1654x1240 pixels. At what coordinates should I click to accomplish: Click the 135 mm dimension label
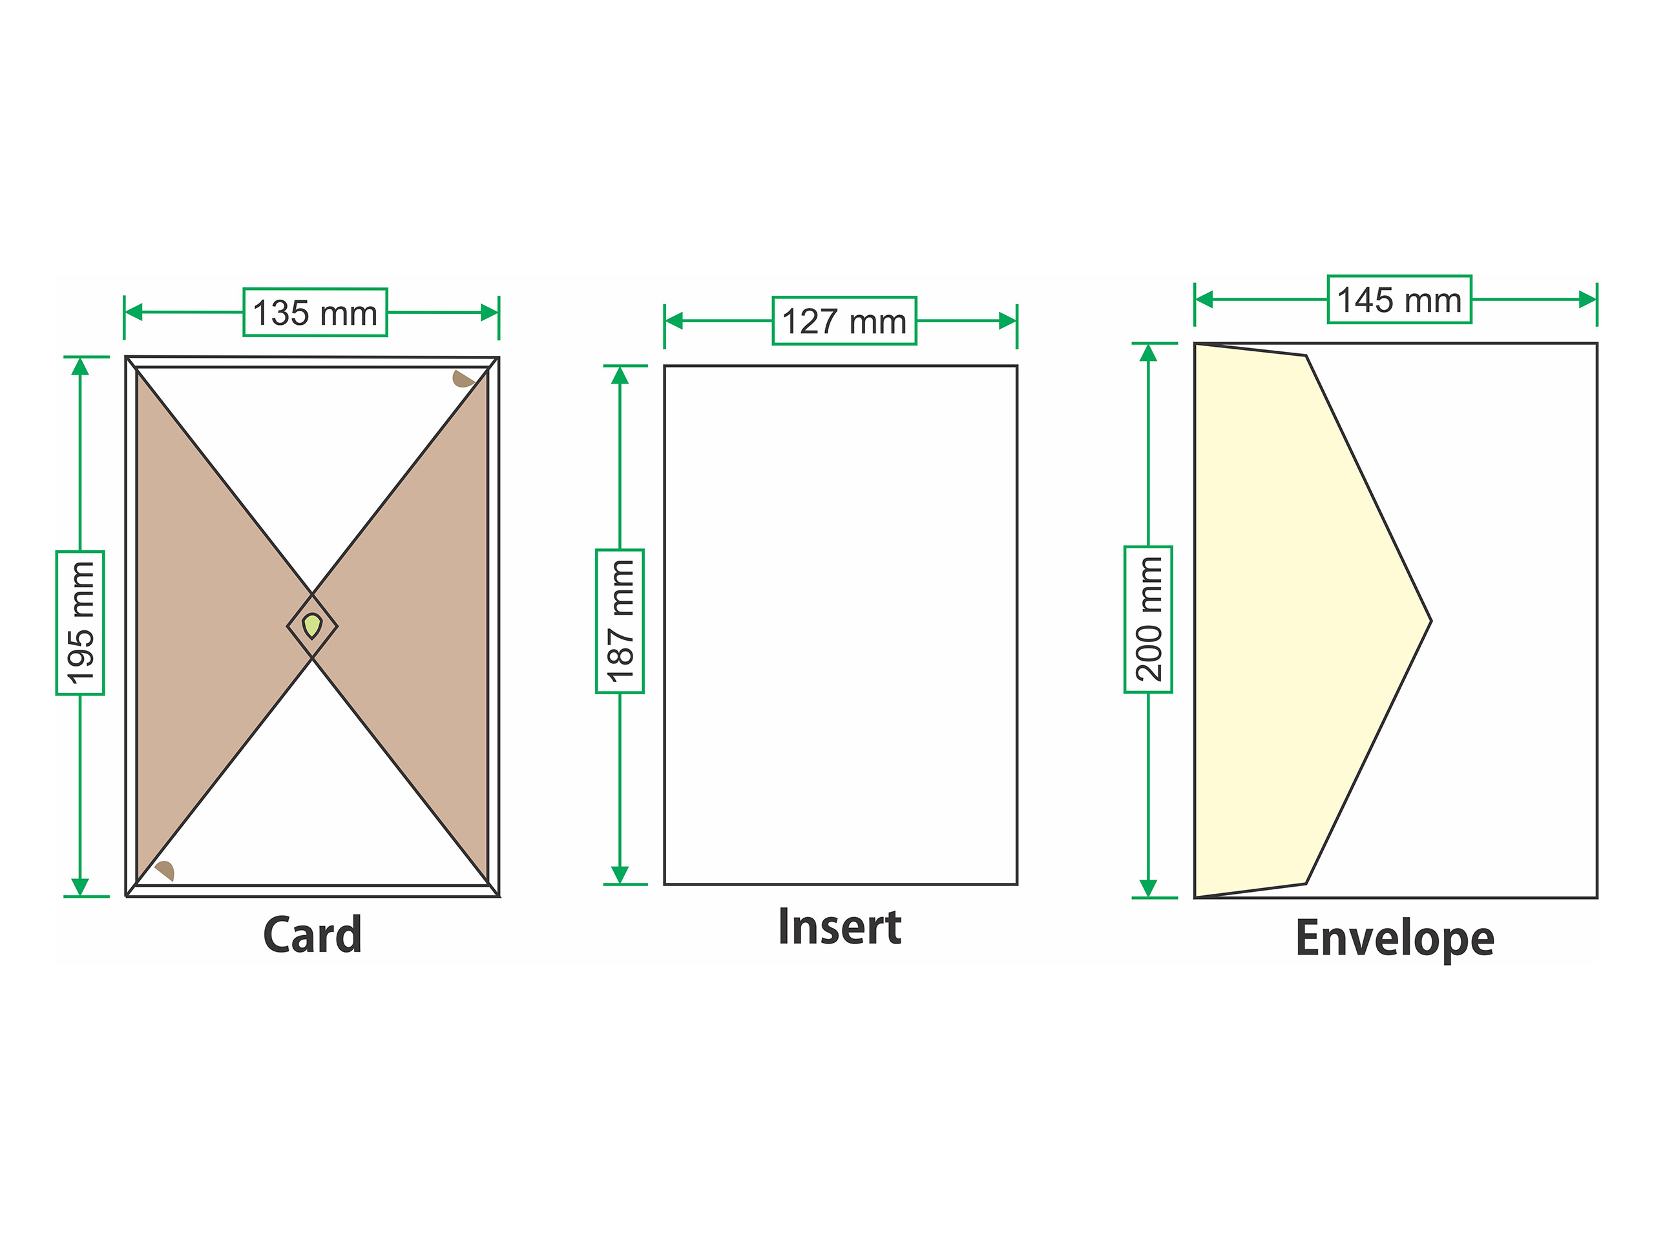pos(315,313)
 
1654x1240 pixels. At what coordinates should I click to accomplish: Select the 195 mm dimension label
pos(80,623)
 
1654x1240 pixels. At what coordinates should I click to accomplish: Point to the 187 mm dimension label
pos(620,621)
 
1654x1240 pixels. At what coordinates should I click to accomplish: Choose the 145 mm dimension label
pos(1399,300)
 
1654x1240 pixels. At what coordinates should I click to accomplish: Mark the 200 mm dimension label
pos(1147,619)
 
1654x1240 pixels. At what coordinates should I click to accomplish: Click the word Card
pos(313,935)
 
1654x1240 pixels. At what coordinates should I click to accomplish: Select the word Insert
pos(840,927)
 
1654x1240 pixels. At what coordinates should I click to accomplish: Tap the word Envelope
pos(1394,939)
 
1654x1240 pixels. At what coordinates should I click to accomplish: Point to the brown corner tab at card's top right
pos(463,379)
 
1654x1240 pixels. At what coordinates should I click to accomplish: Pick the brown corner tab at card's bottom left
pos(165,870)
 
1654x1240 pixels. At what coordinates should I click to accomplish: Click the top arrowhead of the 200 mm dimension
pos(1147,353)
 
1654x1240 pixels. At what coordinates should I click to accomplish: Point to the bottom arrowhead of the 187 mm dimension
pos(620,874)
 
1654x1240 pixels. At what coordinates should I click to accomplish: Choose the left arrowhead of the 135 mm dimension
pos(134,313)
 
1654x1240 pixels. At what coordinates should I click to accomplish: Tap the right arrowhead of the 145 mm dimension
pos(1587,300)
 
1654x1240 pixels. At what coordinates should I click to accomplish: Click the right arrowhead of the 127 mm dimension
pos(1007,322)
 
